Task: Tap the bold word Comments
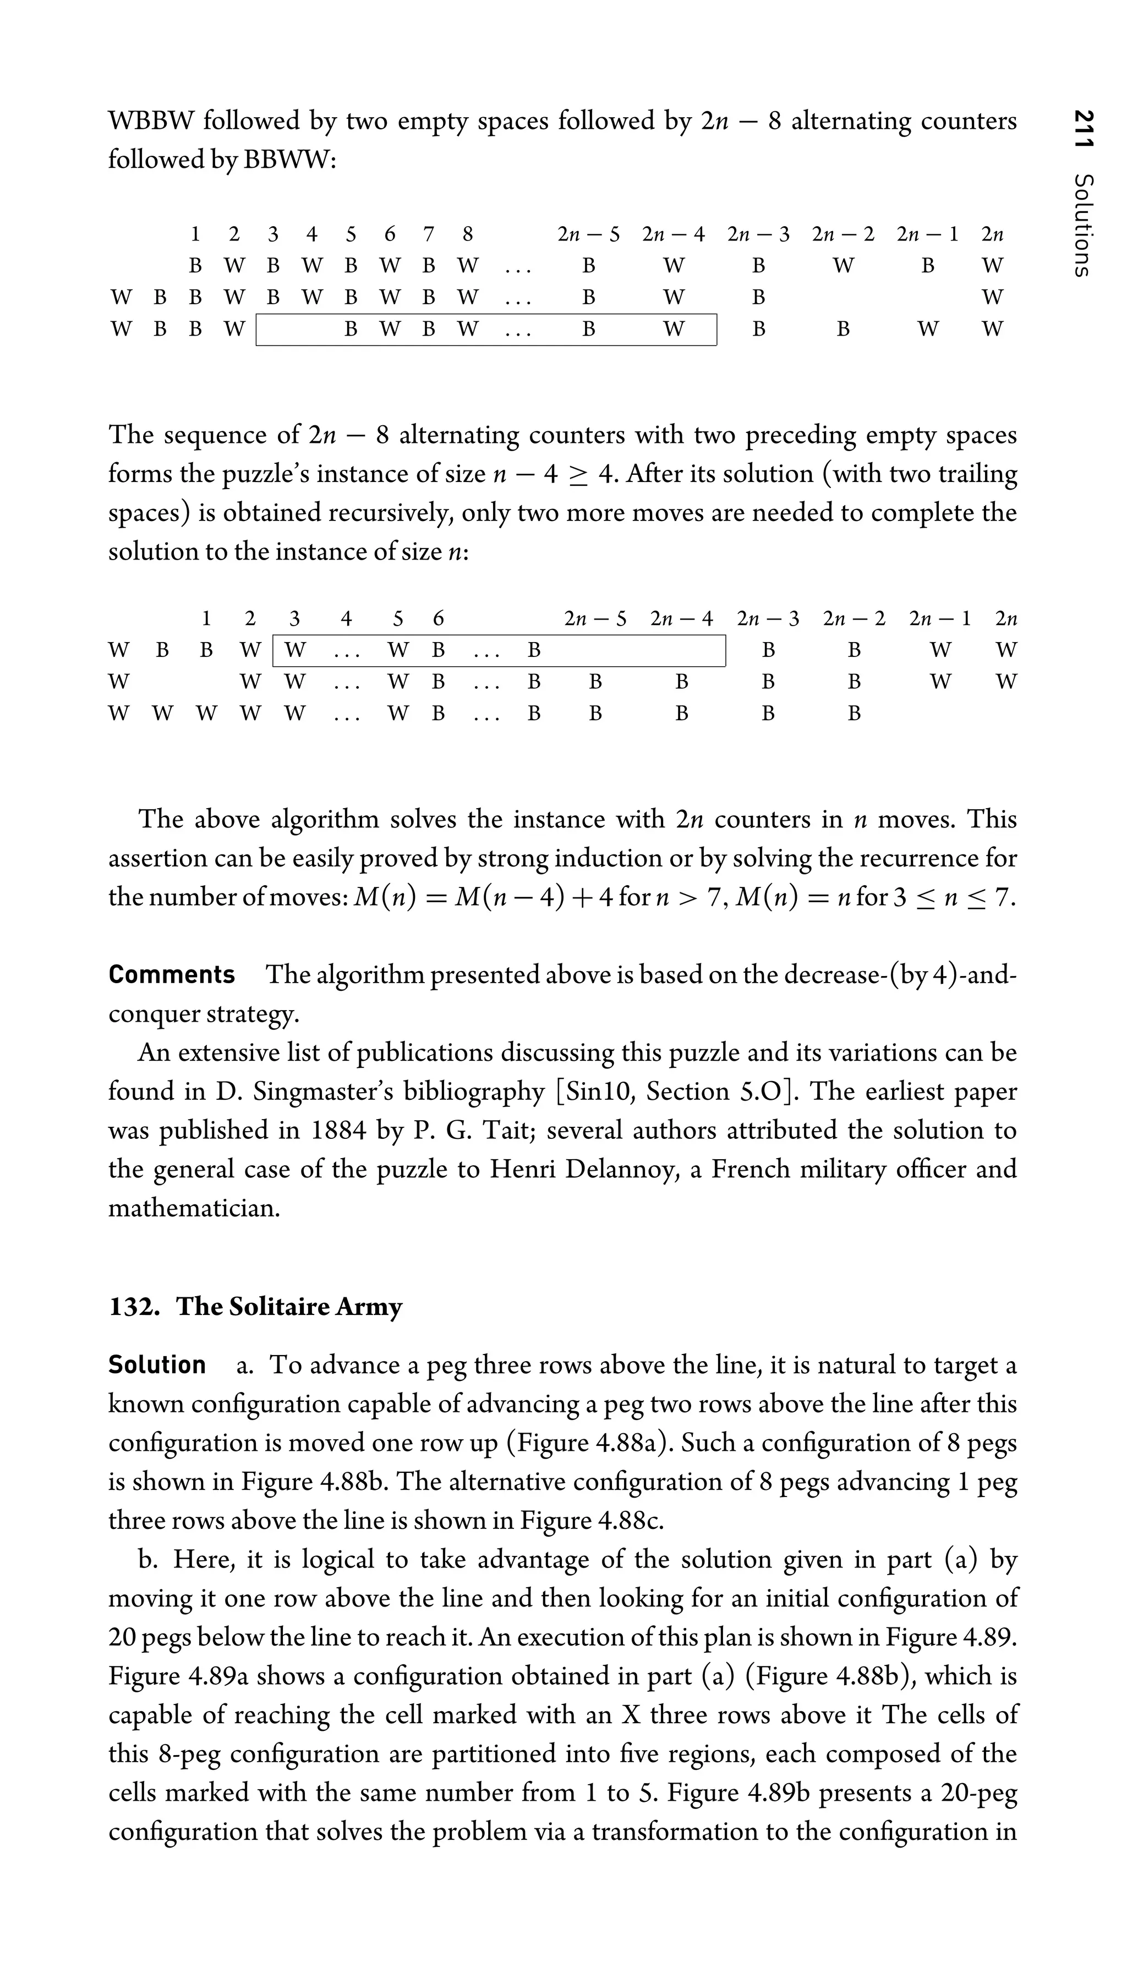171,974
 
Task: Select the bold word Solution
157,1364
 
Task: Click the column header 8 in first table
467,234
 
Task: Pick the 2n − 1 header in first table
927,234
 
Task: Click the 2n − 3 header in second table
768,618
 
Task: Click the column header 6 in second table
437,618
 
